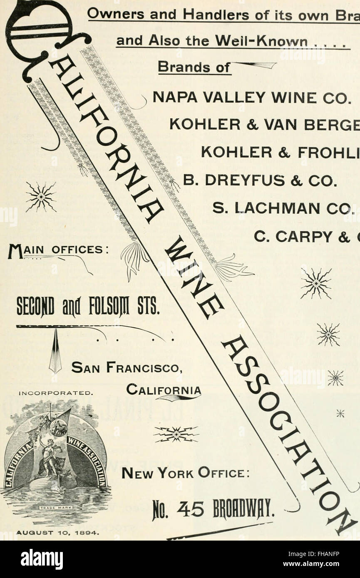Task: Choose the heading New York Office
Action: click(x=185, y=474)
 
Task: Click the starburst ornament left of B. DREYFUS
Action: click(x=41, y=196)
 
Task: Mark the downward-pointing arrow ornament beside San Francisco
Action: click(x=55, y=351)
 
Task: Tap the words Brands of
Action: click(x=194, y=68)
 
